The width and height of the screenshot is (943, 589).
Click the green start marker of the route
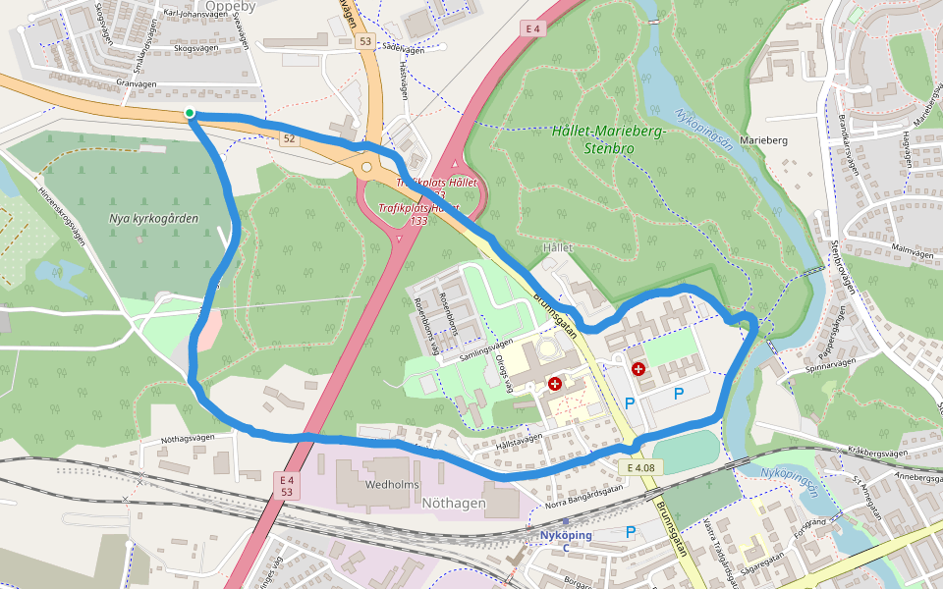pyautogui.click(x=190, y=114)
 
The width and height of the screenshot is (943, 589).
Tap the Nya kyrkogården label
pyautogui.click(x=153, y=218)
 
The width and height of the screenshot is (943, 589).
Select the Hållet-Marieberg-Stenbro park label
pyautogui.click(x=609, y=139)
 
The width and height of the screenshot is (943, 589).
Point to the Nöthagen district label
pyautogui.click(x=453, y=503)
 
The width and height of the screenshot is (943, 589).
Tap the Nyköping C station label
pyautogui.click(x=565, y=541)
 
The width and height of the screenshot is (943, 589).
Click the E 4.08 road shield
pyautogui.click(x=640, y=467)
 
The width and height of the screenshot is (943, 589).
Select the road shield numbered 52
pyautogui.click(x=288, y=139)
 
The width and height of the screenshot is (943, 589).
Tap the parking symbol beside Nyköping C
pyautogui.click(x=631, y=532)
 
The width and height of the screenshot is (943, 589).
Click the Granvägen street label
pyautogui.click(x=136, y=84)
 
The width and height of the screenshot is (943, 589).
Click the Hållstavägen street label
pyautogui.click(x=519, y=443)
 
